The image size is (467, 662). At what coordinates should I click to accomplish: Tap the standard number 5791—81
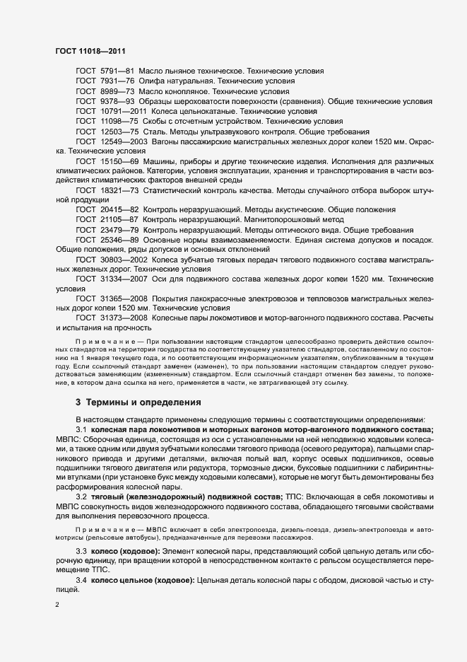117,71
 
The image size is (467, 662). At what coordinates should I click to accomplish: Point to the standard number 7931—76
117,81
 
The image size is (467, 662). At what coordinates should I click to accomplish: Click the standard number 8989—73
117,91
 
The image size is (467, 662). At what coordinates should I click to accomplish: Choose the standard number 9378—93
117,101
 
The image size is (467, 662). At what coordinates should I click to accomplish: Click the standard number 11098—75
119,121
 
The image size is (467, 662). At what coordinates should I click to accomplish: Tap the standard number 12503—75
119,131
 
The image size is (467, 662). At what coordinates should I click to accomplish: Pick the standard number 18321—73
119,191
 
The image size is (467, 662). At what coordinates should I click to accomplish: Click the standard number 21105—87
119,221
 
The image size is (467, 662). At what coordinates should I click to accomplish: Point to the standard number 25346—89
119,240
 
